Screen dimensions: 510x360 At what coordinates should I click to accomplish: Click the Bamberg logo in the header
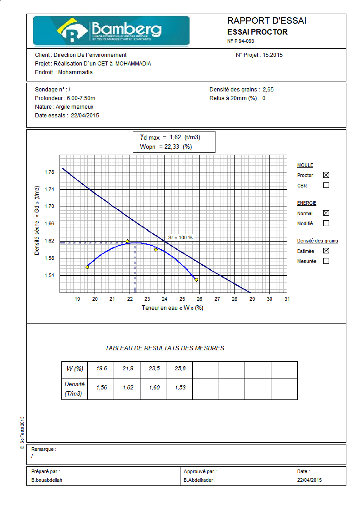[111, 30]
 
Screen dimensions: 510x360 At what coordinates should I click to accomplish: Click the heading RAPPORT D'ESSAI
[266, 21]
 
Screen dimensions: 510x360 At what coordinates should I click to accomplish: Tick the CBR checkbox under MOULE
[326, 185]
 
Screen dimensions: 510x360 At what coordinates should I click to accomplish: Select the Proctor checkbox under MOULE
[326, 175]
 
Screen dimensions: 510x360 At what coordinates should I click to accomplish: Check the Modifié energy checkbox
[326, 223]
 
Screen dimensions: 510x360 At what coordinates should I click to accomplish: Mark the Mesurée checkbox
[326, 261]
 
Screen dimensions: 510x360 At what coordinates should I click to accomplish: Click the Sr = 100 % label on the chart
[180, 237]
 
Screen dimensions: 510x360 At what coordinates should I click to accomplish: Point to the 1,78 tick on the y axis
[50, 172]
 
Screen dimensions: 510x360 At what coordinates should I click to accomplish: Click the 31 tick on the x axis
[287, 299]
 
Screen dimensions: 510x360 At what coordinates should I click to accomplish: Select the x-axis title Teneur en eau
[172, 308]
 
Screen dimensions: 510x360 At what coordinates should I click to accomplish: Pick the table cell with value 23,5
[154, 369]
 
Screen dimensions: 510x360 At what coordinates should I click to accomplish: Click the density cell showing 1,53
[180, 388]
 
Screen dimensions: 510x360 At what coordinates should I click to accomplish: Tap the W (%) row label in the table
[75, 369]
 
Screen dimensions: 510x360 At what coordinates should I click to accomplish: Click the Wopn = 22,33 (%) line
[166, 146]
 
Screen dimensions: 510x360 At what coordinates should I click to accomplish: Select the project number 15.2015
[273, 55]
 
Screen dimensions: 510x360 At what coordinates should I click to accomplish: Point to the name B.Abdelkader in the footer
[198, 480]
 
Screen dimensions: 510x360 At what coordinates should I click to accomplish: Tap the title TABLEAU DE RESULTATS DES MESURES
[165, 348]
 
